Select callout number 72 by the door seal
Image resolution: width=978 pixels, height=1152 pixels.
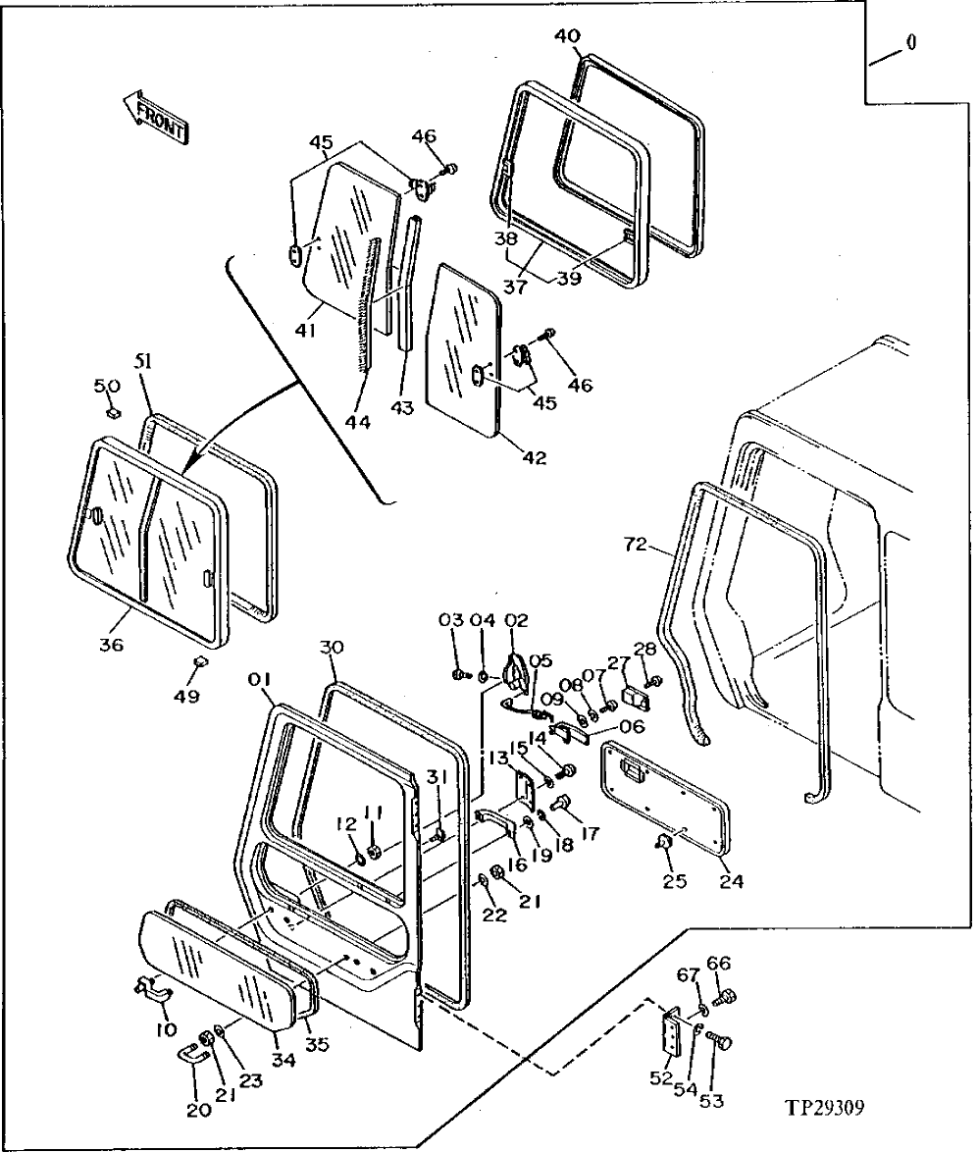tap(637, 544)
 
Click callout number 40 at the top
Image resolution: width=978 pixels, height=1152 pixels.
tap(567, 36)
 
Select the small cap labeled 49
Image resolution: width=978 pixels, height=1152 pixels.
tap(199, 664)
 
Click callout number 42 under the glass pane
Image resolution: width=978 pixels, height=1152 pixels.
tap(536, 457)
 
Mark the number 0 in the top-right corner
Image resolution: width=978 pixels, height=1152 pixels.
tap(911, 44)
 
